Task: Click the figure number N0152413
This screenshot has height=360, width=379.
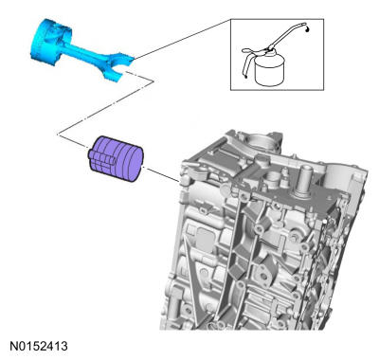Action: [x=39, y=346]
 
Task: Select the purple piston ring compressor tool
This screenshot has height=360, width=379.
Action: [x=116, y=159]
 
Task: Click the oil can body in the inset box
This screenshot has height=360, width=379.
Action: [x=270, y=71]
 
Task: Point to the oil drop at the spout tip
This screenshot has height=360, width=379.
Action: [x=308, y=29]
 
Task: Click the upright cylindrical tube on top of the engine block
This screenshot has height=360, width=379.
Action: [x=303, y=182]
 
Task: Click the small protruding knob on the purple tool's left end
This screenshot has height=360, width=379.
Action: [x=90, y=154]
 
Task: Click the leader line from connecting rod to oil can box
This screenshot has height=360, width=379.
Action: [x=182, y=39]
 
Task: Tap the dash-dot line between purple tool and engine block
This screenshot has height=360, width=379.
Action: [x=162, y=174]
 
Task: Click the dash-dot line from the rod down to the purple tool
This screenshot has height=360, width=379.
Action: [x=106, y=107]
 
